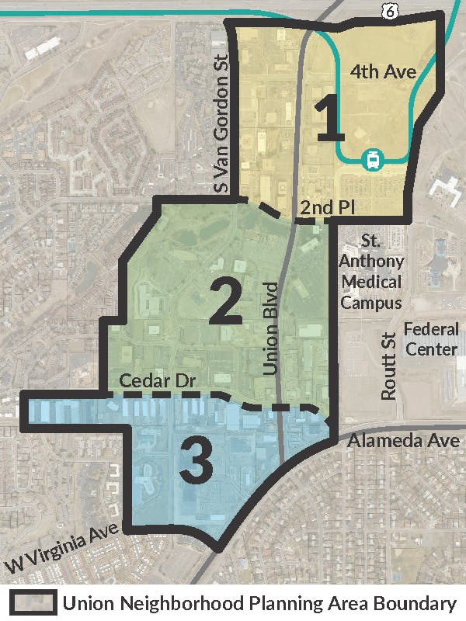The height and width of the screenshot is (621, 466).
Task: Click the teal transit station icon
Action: pyautogui.click(x=372, y=161)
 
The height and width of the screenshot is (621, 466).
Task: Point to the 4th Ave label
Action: pyautogui.click(x=383, y=72)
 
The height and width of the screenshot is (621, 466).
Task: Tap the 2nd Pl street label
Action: pyautogui.click(x=318, y=207)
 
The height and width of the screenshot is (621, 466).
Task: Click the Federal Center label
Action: pyautogui.click(x=430, y=339)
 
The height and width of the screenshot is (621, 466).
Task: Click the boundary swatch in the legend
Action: pyautogui.click(x=32, y=603)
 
